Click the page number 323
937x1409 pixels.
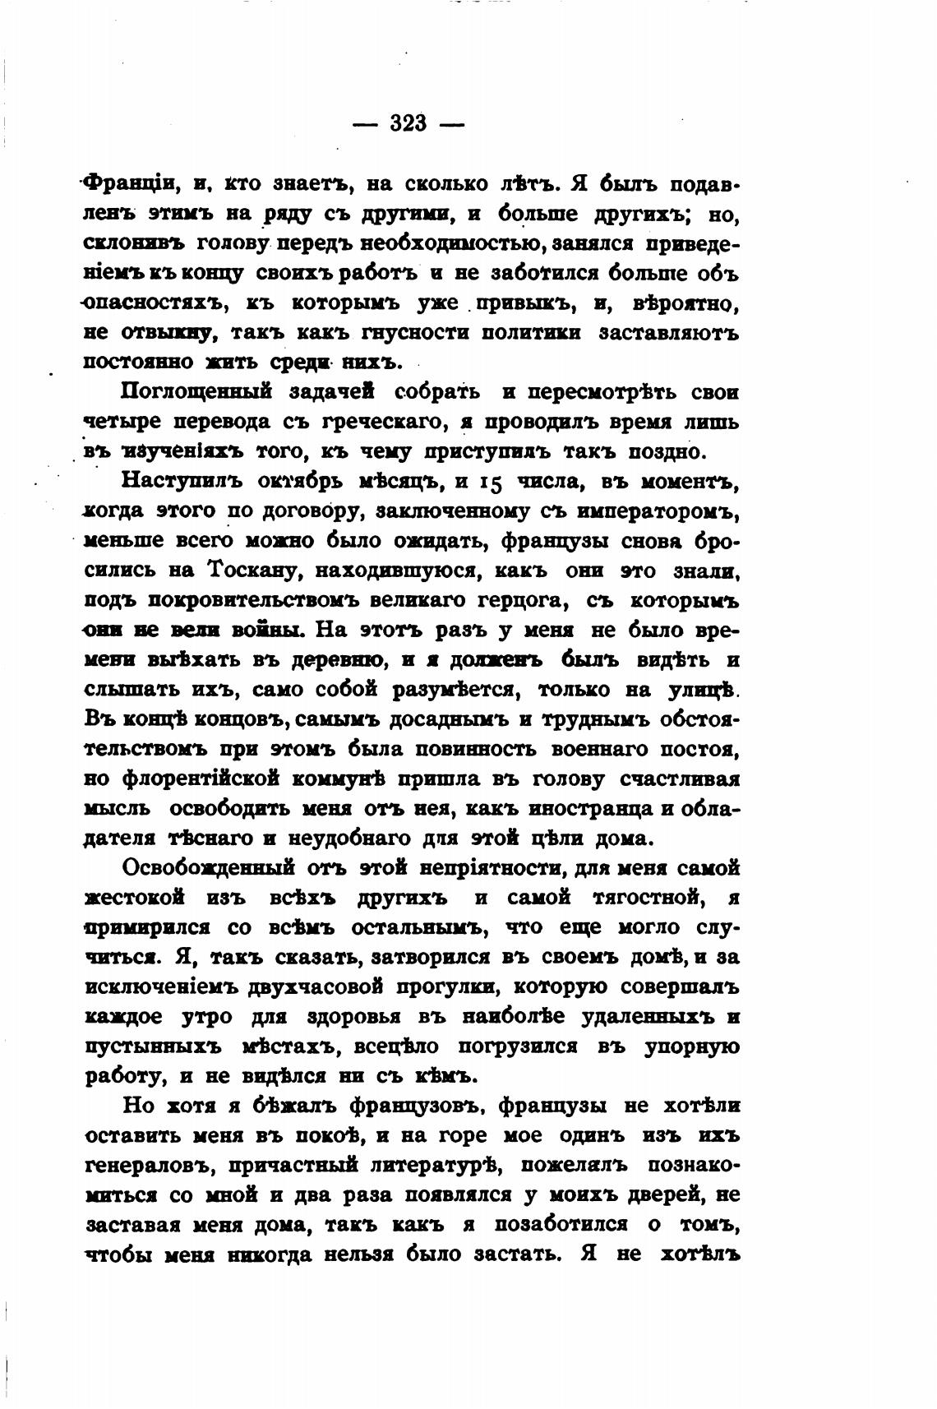tap(408, 123)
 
